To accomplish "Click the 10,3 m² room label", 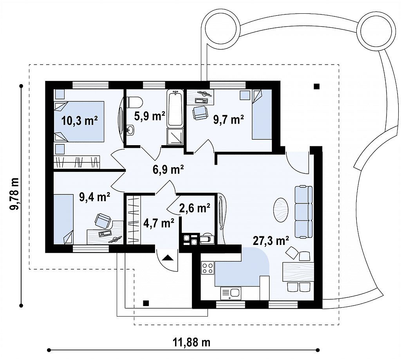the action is click(x=79, y=121).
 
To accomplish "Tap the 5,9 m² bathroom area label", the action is click(x=150, y=116).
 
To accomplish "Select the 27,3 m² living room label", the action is click(x=271, y=240).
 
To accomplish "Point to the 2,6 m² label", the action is click(x=195, y=208).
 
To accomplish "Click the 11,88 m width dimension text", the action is click(x=192, y=342).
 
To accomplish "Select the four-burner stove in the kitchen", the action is click(x=207, y=268).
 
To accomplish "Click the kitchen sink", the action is click(x=231, y=293).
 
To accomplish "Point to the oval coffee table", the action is click(x=281, y=211).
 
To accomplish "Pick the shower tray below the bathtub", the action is click(x=175, y=137).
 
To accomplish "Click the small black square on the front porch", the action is click(x=146, y=303).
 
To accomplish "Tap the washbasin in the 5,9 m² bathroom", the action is click(x=130, y=130).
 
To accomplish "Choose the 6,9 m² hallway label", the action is click(x=168, y=169).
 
